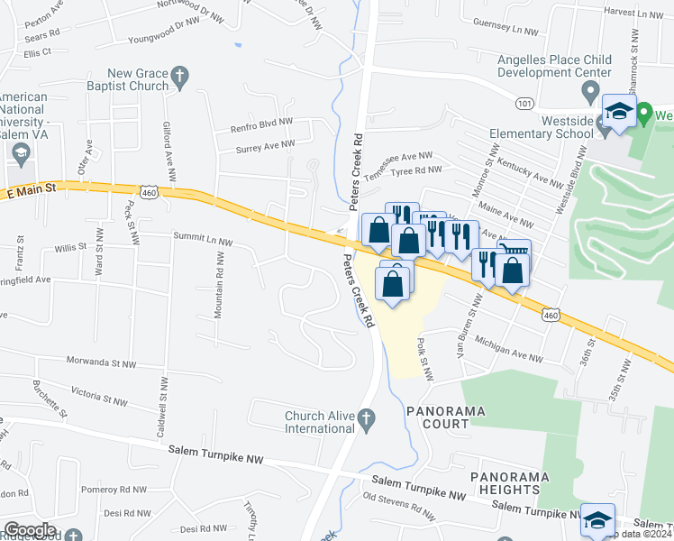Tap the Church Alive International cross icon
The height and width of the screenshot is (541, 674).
(365, 418)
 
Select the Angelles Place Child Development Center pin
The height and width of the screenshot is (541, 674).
(591, 91)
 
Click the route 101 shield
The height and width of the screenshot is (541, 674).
(524, 104)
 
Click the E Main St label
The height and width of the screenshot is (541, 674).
(32, 190)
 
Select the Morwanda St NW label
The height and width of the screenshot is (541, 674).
(101, 362)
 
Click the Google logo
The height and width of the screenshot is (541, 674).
(30, 530)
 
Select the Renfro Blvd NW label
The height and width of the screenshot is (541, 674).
(261, 123)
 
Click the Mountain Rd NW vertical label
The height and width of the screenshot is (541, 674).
(218, 284)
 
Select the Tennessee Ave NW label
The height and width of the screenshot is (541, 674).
(399, 156)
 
